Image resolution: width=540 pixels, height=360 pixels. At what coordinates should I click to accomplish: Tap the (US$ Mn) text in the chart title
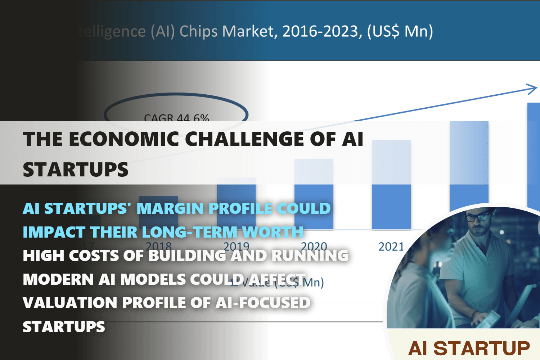point(400,32)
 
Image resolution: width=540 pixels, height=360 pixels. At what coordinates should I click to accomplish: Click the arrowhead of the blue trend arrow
point(532,89)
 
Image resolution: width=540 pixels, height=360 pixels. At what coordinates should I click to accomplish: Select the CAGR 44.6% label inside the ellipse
point(176,117)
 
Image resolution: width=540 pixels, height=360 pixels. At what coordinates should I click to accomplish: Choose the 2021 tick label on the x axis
point(391,247)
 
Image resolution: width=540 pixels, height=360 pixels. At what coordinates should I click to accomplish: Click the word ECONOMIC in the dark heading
point(124,139)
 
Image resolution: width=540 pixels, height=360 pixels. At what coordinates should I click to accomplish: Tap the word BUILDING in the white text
point(187,256)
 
